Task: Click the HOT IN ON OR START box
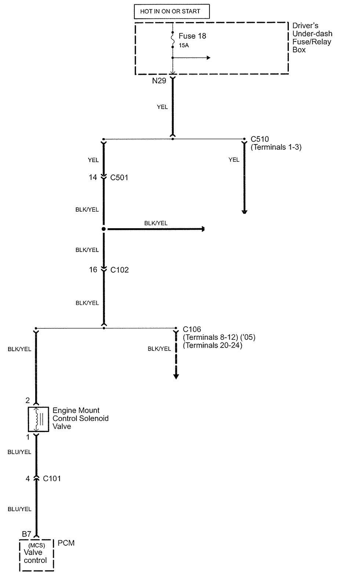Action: click(x=171, y=11)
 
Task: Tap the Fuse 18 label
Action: click(x=192, y=36)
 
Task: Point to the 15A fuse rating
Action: click(x=184, y=46)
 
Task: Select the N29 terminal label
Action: click(x=159, y=81)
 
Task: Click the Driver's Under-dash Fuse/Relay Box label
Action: click(x=312, y=37)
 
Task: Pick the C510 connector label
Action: click(x=260, y=139)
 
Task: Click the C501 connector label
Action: click(x=119, y=178)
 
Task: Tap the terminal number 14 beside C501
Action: click(x=93, y=178)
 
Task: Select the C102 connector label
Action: click(x=120, y=270)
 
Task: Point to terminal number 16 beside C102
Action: click(x=93, y=270)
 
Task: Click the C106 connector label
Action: click(x=192, y=330)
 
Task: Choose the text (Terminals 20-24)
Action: click(x=212, y=345)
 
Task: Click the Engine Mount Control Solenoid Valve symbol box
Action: click(x=38, y=419)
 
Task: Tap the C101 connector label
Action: click(x=52, y=479)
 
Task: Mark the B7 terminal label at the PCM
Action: click(x=26, y=534)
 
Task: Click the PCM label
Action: click(x=66, y=543)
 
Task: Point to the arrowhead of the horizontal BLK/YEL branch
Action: click(x=202, y=229)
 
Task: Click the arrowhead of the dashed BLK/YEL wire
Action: click(x=176, y=376)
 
